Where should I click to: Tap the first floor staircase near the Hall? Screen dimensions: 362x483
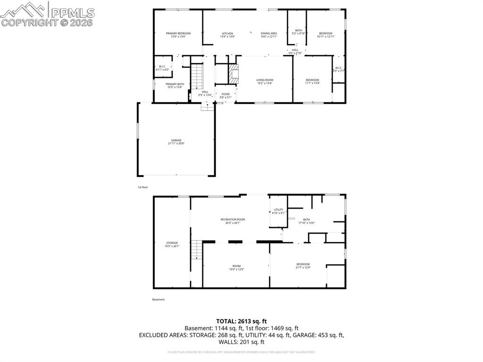pos(197,75)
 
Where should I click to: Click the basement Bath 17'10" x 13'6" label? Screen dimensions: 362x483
pos(307,221)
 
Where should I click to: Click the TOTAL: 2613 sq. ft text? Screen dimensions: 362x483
pos(241,321)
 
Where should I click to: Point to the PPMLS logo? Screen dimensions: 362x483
pos(48,13)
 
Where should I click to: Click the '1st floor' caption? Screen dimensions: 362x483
pos(143,187)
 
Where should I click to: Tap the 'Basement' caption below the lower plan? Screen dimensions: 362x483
pos(158,299)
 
